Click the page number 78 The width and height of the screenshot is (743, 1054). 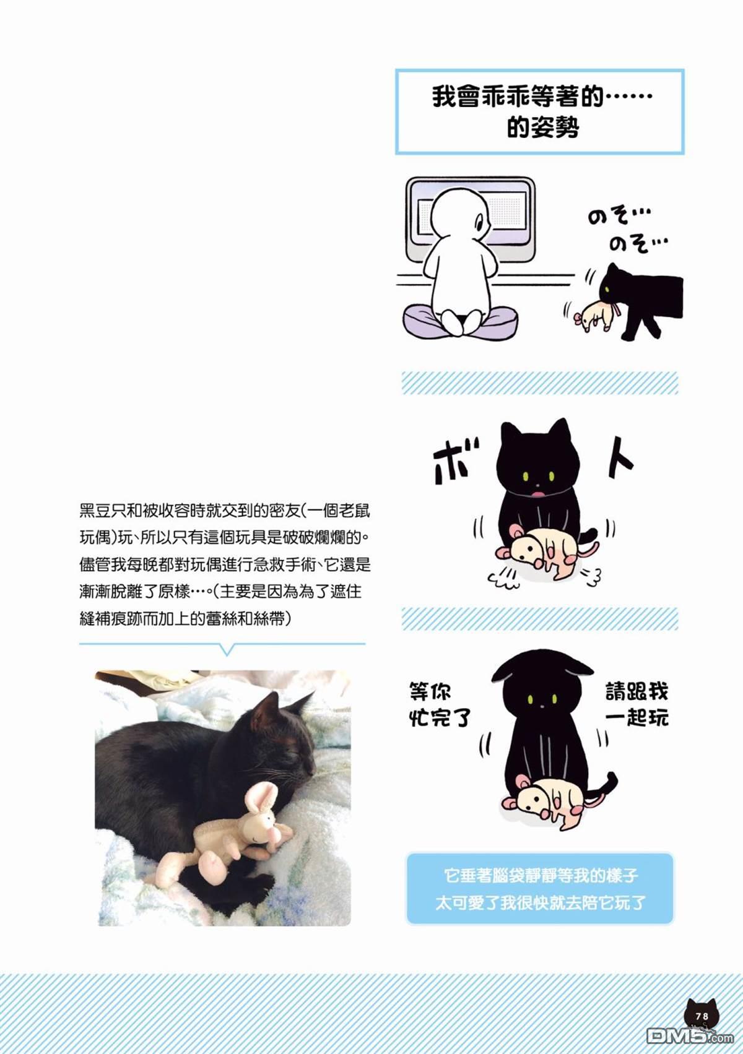pyautogui.click(x=702, y=1016)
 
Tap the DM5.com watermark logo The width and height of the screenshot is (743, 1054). pyautogui.click(x=690, y=1035)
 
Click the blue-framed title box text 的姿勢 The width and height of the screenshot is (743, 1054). pyautogui.click(x=542, y=128)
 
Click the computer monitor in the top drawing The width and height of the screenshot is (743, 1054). pyautogui.click(x=471, y=219)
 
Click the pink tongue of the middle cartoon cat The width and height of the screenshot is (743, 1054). pyautogui.click(x=537, y=494)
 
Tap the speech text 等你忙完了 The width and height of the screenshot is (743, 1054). pyautogui.click(x=440, y=705)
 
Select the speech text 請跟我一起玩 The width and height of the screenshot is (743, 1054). pyautogui.click(x=637, y=705)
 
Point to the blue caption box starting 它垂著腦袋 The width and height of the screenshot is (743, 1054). pyautogui.click(x=539, y=888)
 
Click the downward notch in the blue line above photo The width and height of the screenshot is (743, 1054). pyautogui.click(x=227, y=650)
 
